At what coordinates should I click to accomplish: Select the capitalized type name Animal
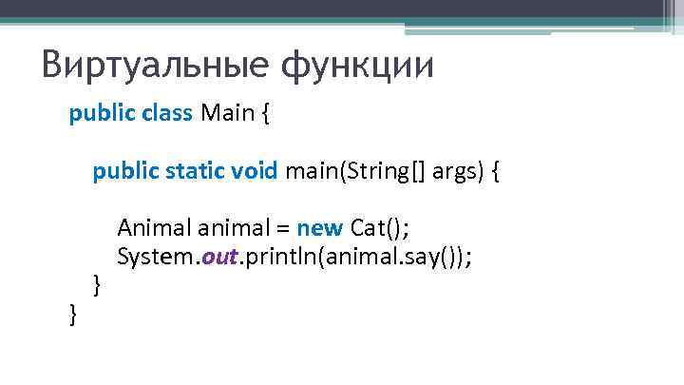tap(155, 229)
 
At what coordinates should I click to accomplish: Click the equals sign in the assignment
tap(282, 229)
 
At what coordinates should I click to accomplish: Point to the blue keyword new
tap(320, 229)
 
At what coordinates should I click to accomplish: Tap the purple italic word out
tap(218, 257)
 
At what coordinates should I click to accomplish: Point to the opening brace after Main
tap(265, 115)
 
